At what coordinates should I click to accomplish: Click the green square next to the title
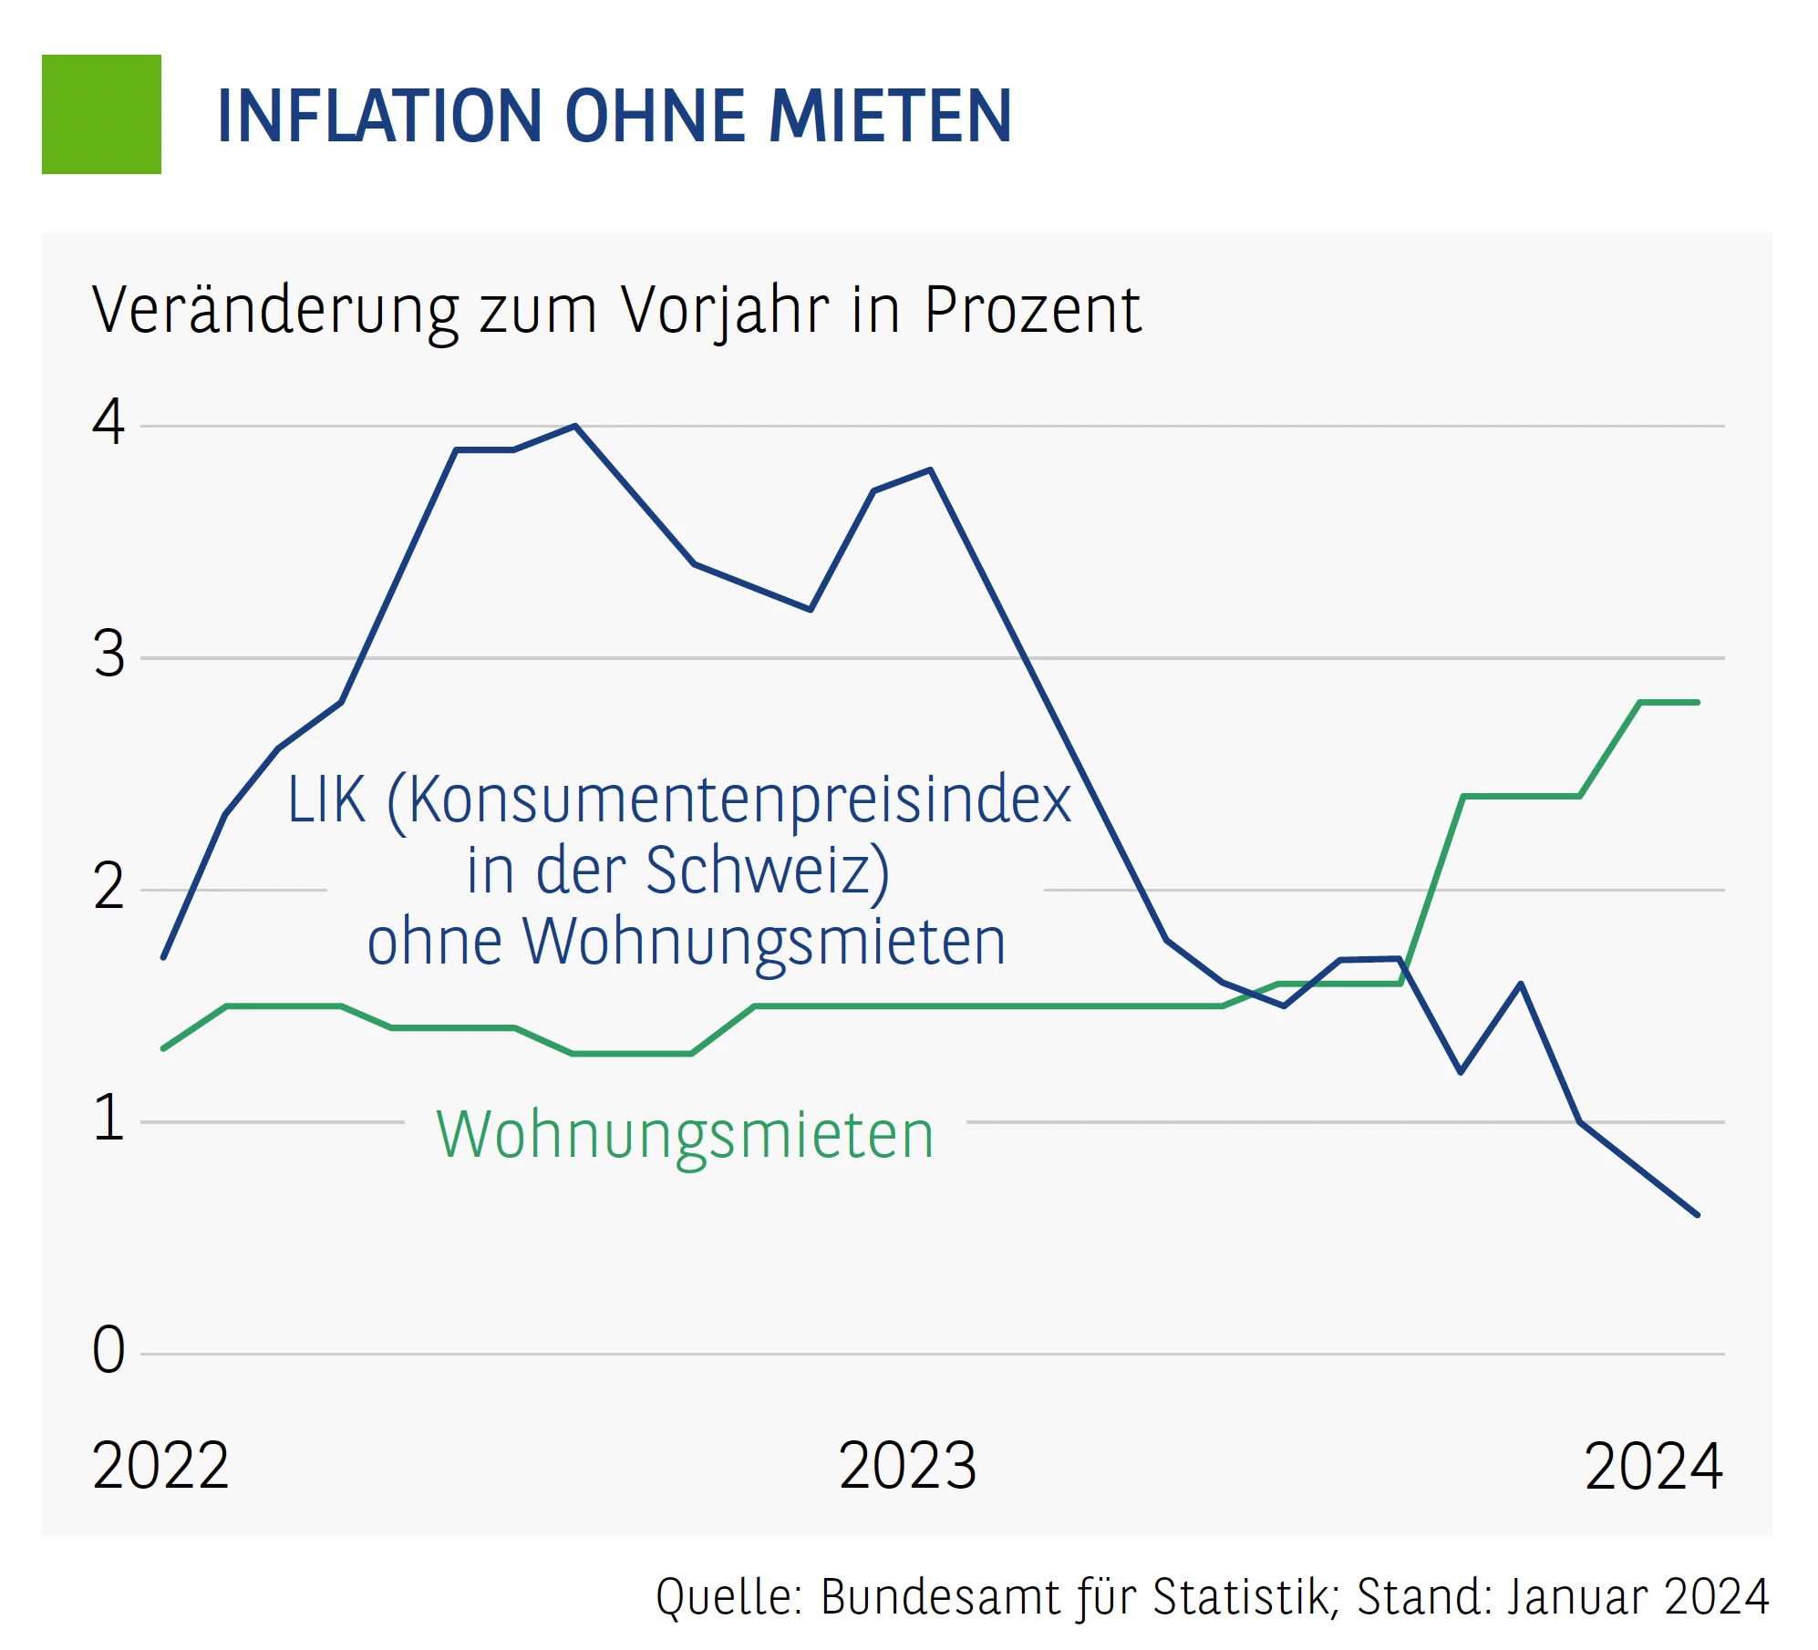(101, 114)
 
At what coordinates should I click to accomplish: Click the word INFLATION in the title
(378, 117)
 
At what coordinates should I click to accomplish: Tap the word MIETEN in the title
(890, 117)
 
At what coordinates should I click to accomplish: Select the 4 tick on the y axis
(108, 423)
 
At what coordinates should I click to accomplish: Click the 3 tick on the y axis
(108, 655)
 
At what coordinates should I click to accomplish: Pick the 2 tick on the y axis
(108, 887)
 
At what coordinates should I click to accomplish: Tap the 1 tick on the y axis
(108, 1119)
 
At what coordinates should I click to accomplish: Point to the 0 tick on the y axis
(108, 1350)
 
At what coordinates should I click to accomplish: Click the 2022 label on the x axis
(160, 1467)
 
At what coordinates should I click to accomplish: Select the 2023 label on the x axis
(907, 1467)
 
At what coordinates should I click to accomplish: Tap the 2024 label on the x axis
(1653, 1467)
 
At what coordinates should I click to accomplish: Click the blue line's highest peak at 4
(575, 426)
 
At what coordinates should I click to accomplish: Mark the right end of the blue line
(1697, 1214)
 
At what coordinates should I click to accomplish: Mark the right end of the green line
(1697, 702)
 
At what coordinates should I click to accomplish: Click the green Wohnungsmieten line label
(686, 1136)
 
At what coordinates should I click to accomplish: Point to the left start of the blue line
(163, 957)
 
